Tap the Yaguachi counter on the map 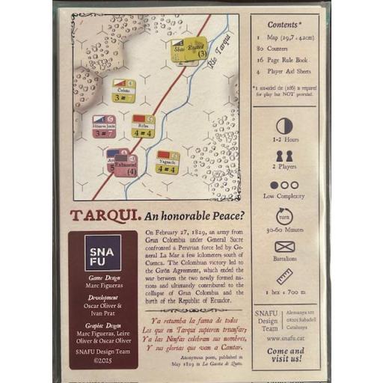(x=167, y=162)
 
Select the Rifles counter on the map (x=143, y=126)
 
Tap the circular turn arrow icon (x=284, y=217)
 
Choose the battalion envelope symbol (x=284, y=247)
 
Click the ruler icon (x=284, y=276)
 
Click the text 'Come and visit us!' (x=285, y=355)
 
